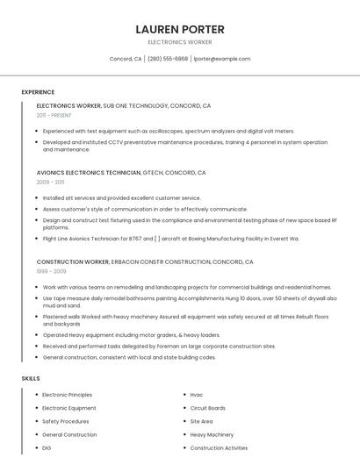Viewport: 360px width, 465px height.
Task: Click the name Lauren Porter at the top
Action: (x=179, y=29)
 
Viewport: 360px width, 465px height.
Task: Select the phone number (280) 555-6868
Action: (x=167, y=59)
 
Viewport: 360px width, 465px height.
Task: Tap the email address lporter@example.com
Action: (x=221, y=59)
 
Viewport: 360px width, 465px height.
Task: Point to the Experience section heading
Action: (x=38, y=92)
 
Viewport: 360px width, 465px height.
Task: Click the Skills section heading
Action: (x=31, y=378)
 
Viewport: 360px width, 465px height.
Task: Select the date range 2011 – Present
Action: (x=54, y=115)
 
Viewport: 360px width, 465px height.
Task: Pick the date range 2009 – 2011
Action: (x=50, y=182)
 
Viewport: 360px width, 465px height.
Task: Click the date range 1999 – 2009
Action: (x=51, y=271)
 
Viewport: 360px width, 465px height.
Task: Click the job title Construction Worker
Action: (x=73, y=261)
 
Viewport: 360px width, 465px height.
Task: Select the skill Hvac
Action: (x=197, y=395)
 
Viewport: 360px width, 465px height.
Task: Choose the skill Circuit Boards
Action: (x=208, y=408)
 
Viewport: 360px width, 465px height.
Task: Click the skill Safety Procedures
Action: (x=66, y=421)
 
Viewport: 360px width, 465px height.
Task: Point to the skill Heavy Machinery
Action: (x=212, y=434)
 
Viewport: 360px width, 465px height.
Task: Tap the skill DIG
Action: (x=47, y=447)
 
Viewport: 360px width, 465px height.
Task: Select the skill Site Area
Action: (x=201, y=421)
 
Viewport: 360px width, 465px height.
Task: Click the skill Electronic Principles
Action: (x=67, y=395)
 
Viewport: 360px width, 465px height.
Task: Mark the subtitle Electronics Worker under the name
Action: (x=179, y=42)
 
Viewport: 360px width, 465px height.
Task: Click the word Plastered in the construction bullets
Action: (x=54, y=316)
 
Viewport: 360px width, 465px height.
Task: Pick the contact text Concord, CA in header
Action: (x=126, y=59)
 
